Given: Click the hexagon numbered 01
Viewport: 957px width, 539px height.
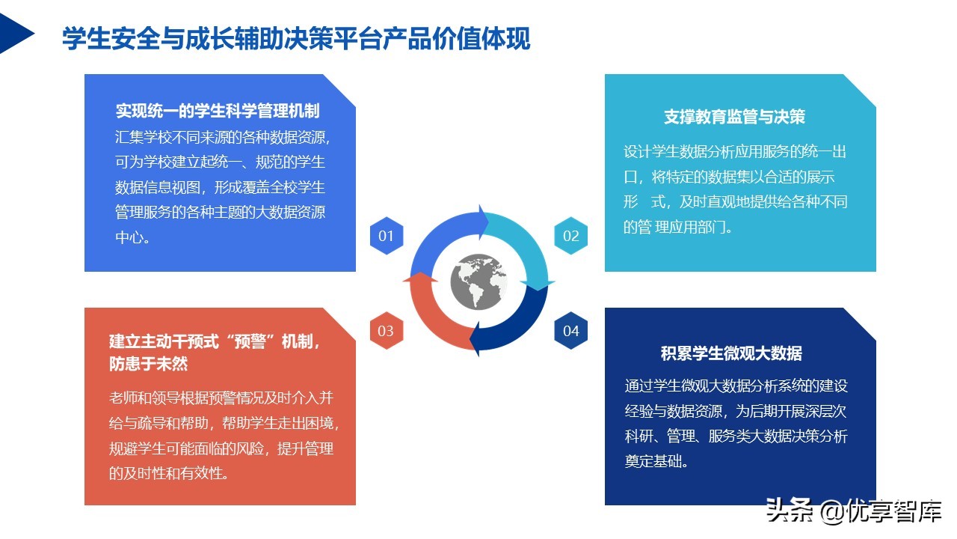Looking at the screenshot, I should tap(386, 236).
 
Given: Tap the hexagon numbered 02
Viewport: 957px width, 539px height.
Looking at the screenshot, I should tap(571, 236).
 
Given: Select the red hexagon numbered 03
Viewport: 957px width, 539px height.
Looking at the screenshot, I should tap(386, 331).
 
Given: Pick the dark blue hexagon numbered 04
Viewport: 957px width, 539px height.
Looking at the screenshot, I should tap(571, 331).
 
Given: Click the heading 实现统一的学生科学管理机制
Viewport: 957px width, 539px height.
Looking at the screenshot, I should tap(218, 111).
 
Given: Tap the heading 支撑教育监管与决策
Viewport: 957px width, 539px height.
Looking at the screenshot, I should tap(734, 117).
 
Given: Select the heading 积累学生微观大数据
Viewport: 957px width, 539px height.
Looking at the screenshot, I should tap(731, 353).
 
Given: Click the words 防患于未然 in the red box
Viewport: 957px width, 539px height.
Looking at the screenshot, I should tap(148, 365).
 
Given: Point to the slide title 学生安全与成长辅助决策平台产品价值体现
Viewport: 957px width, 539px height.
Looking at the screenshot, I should tap(296, 39).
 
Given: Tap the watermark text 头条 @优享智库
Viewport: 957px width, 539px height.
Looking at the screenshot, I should tap(852, 512).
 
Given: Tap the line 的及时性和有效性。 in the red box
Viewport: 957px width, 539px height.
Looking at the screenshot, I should tap(169, 473).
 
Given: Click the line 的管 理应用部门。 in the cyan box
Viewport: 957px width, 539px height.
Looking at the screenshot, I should tap(678, 227).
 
